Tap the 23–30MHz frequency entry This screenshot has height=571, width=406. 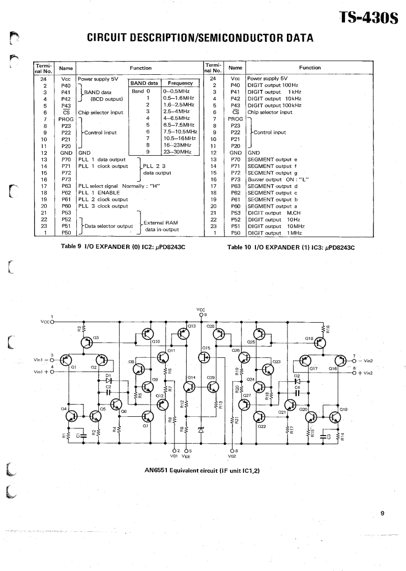pos(175,151)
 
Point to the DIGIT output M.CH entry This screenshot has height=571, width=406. pos(273,213)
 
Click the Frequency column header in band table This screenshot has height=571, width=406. pos(180,83)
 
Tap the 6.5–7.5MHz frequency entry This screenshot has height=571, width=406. pos(175,124)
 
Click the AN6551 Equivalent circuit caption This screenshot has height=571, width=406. pos(202,471)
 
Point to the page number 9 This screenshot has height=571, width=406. pos(382,513)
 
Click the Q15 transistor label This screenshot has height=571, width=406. pos(206,348)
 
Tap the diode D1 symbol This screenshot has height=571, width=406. pos(108,381)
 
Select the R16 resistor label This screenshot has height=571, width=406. pos(328,329)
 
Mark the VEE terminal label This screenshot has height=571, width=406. pos(189,456)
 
